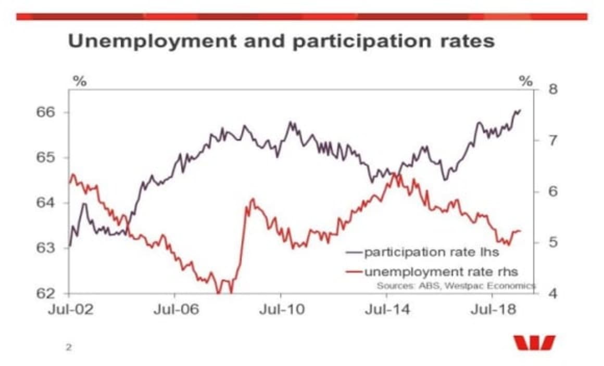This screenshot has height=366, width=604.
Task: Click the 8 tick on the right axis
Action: click(553, 90)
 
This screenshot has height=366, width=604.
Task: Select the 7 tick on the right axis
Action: click(553, 141)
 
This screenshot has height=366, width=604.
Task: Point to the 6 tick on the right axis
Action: click(553, 192)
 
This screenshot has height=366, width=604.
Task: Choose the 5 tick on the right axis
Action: click(553, 243)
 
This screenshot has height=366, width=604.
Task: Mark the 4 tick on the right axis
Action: click(553, 293)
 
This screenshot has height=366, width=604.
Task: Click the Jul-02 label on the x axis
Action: click(71, 310)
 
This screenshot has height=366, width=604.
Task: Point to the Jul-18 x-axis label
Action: click(493, 310)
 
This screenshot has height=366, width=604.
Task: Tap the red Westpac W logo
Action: click(534, 343)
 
